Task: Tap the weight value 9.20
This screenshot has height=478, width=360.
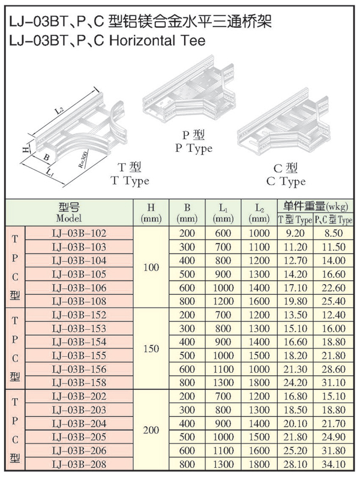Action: (x=295, y=233)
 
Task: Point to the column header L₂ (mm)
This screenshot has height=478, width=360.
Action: (x=258, y=213)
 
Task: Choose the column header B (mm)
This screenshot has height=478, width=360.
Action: (x=187, y=213)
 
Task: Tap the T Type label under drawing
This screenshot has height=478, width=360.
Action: (x=129, y=175)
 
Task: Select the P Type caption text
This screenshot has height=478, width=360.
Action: (x=193, y=142)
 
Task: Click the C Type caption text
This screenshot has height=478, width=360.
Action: (x=286, y=175)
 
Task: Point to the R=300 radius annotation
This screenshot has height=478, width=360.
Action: (x=82, y=162)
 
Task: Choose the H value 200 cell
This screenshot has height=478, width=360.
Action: (x=152, y=430)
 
